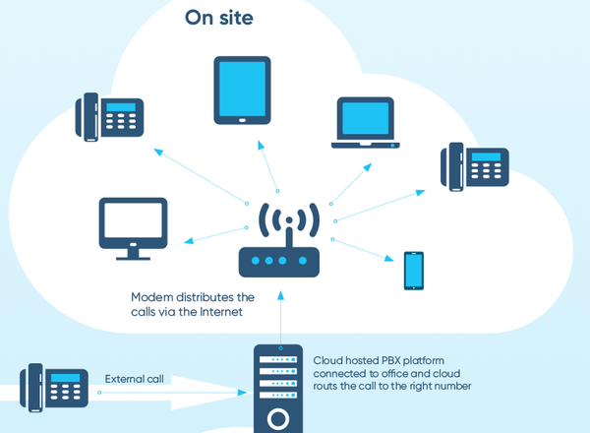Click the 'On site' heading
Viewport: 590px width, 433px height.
[x=219, y=18]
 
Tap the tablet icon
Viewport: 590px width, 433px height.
[x=242, y=91]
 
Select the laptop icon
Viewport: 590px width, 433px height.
[x=366, y=123]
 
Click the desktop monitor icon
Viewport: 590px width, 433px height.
[x=133, y=228]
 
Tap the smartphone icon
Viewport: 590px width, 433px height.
[x=414, y=271]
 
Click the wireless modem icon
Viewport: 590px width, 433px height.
[x=279, y=239]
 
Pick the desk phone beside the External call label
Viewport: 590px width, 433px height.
[x=54, y=388]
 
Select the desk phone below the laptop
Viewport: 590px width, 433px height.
[x=475, y=166]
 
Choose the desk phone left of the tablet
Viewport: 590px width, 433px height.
[x=109, y=117]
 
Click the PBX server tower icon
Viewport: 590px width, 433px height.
[x=278, y=389]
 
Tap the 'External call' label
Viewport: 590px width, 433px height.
[x=135, y=379]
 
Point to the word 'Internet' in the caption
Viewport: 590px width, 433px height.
[x=221, y=312]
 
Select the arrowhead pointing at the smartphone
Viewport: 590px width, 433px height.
[x=389, y=258]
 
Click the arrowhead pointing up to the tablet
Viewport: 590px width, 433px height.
[x=261, y=145]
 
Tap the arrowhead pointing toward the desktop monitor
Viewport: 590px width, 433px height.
[x=189, y=240]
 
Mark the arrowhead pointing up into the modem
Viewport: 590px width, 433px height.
[x=280, y=295]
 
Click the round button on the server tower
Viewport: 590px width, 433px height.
[x=278, y=419]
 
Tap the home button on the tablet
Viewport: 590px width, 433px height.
[x=242, y=120]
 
